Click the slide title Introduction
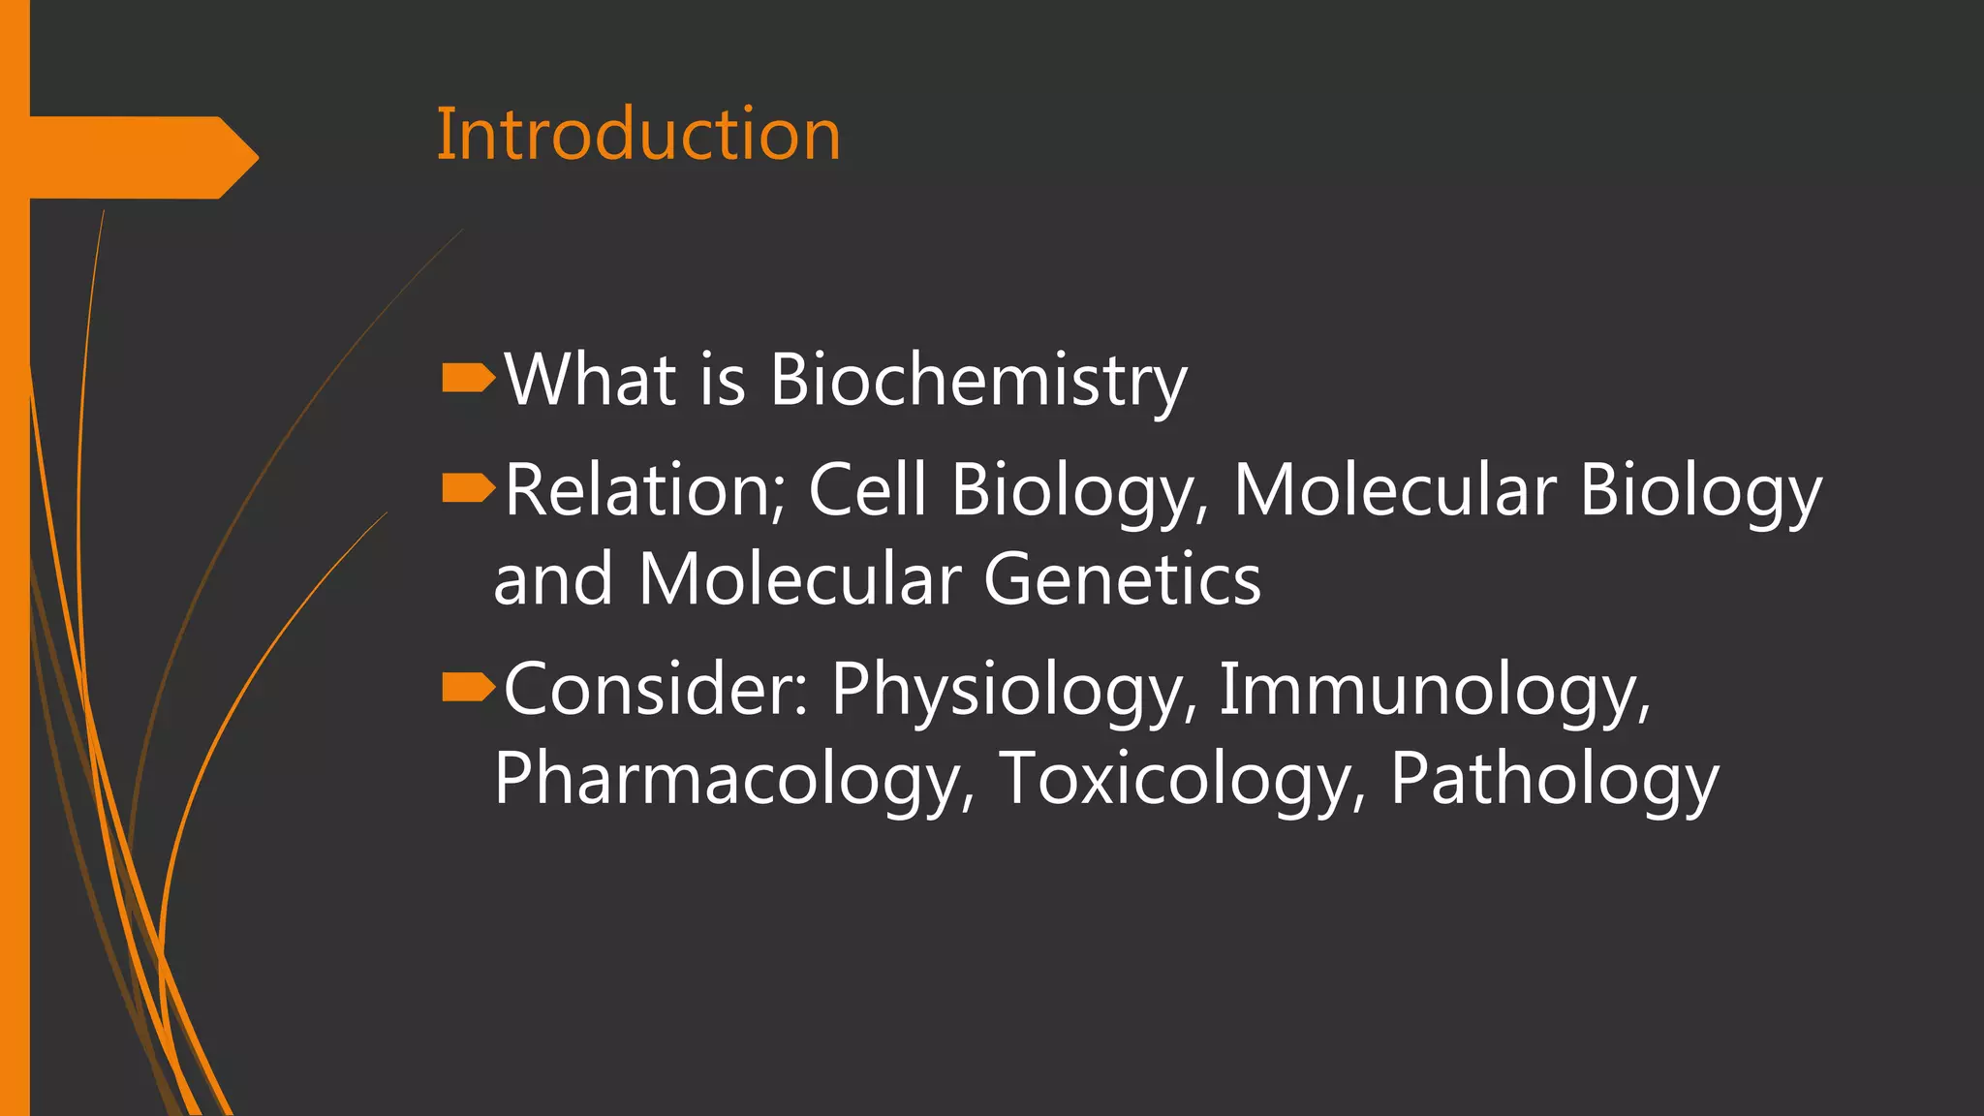click(x=638, y=135)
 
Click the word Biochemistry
click(x=977, y=381)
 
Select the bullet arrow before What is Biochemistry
click(x=468, y=379)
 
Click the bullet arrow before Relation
click(x=468, y=489)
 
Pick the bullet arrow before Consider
click(x=468, y=688)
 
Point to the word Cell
click(x=867, y=490)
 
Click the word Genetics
click(x=1122, y=580)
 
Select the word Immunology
click(x=1434, y=690)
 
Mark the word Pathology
click(x=1554, y=780)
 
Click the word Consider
click(x=655, y=689)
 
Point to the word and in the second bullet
click(x=552, y=580)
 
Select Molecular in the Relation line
click(x=1394, y=490)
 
